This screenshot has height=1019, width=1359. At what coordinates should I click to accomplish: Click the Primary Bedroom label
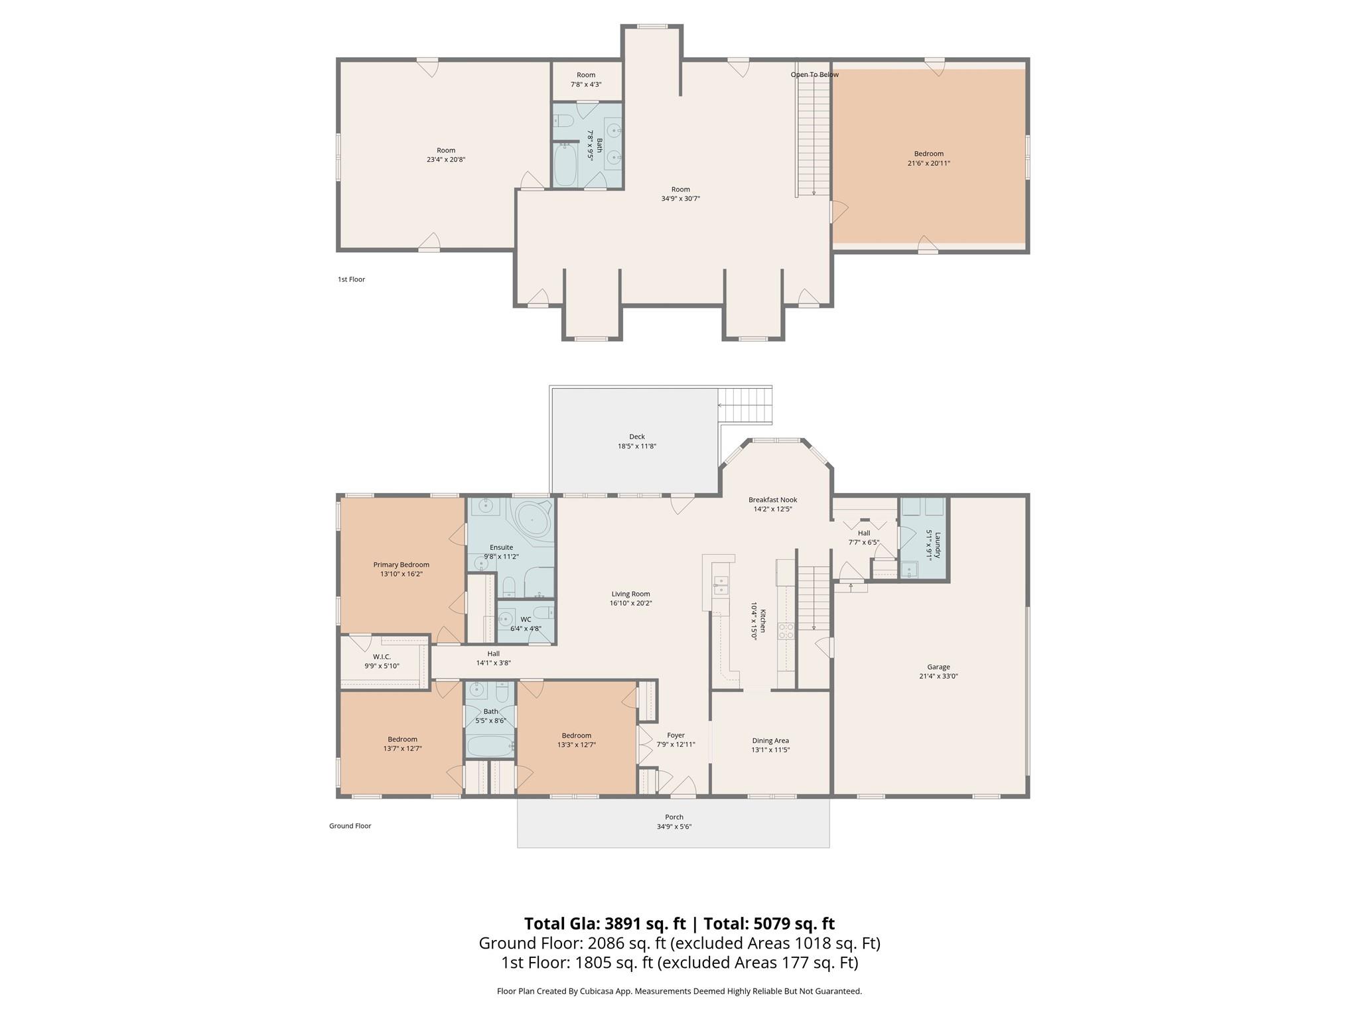[x=401, y=565]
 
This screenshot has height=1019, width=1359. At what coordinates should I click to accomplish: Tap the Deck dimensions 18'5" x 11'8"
[x=636, y=446]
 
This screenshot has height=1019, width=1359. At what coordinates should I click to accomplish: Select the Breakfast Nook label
[x=772, y=500]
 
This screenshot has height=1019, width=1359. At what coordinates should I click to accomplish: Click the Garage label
[x=938, y=667]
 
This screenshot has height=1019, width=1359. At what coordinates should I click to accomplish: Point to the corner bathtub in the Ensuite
[x=533, y=520]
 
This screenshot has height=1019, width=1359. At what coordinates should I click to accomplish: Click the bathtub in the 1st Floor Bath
[x=566, y=166]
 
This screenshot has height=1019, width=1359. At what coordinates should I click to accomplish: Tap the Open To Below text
[x=814, y=74]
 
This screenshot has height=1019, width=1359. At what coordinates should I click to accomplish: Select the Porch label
[x=674, y=817]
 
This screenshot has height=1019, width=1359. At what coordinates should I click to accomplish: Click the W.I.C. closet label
[x=382, y=657]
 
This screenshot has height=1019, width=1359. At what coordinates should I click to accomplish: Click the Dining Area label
[x=770, y=740]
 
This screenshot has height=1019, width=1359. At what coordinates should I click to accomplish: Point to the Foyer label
[x=676, y=735]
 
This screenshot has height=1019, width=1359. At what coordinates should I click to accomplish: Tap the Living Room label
[x=630, y=594]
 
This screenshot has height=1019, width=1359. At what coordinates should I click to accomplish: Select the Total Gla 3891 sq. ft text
[x=605, y=923]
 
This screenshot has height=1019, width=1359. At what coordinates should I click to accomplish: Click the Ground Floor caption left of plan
[x=350, y=826]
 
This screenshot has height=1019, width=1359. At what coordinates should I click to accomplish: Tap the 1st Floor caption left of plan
[x=351, y=279]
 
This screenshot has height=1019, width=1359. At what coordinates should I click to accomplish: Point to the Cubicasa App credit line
[x=679, y=991]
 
